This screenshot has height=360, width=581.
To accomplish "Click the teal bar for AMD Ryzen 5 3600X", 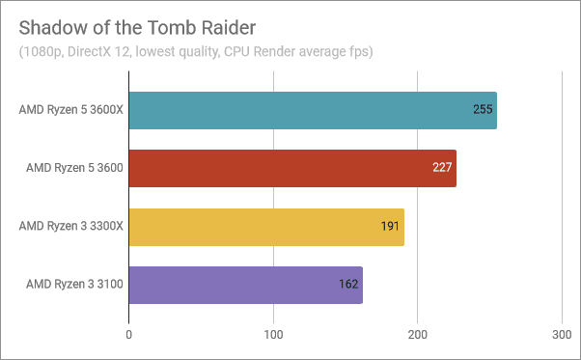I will click(x=312, y=110).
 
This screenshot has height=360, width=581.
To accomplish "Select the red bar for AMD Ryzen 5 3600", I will click(x=291, y=168).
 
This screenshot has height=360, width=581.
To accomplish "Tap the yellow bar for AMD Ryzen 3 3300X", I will click(x=265, y=227).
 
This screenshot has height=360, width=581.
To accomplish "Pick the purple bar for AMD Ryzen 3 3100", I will click(x=245, y=285).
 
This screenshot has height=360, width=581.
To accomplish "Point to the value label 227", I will click(x=443, y=168).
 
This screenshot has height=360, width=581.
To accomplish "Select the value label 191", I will click(x=391, y=227).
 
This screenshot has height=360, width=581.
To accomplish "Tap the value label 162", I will click(x=349, y=285).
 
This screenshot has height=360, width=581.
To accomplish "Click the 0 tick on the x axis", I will click(x=129, y=334).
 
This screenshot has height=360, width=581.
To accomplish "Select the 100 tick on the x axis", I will click(x=273, y=334).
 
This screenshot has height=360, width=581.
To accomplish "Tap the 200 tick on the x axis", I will click(x=418, y=334).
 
